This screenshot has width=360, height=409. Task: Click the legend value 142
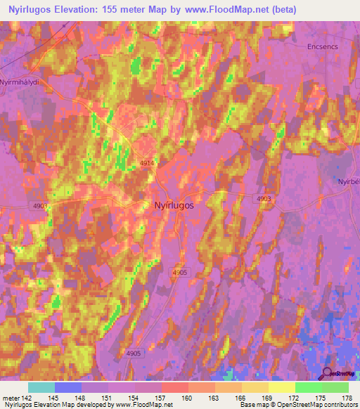coord(27,398)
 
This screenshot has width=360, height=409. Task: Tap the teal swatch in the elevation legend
coord(41,387)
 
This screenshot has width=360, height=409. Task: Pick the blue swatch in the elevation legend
coord(67,387)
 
